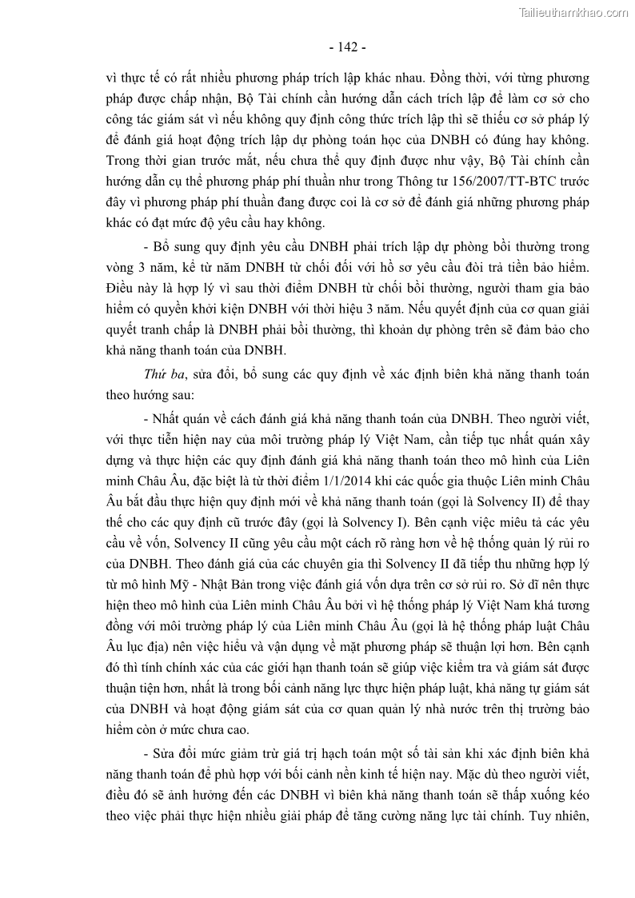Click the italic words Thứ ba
tap(158, 373)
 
